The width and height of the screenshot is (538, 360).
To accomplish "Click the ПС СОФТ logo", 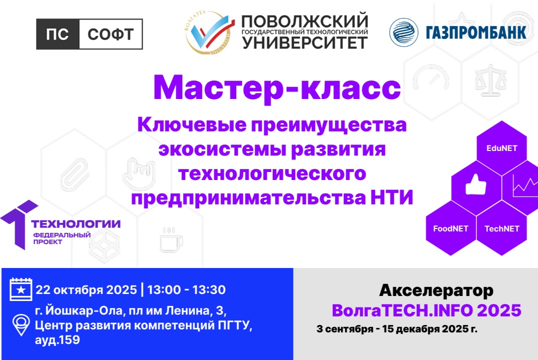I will point(90,34).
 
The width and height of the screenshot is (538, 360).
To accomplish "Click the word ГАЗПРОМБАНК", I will point(476,33).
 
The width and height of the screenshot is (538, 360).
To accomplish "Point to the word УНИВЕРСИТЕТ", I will point(305,43).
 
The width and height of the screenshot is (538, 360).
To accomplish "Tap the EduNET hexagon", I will point(501,148).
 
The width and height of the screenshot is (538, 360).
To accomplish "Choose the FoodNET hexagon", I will point(450,228).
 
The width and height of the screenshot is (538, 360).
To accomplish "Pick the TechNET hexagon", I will point(502,228).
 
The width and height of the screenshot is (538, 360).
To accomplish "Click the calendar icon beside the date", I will point(21,289).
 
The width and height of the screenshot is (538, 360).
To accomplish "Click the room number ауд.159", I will point(57,340).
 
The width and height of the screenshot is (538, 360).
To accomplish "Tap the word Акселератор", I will point(436,290).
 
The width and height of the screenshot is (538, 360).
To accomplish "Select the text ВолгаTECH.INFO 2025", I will point(426,310).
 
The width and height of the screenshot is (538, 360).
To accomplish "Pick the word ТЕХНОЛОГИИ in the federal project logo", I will point(76,223).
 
